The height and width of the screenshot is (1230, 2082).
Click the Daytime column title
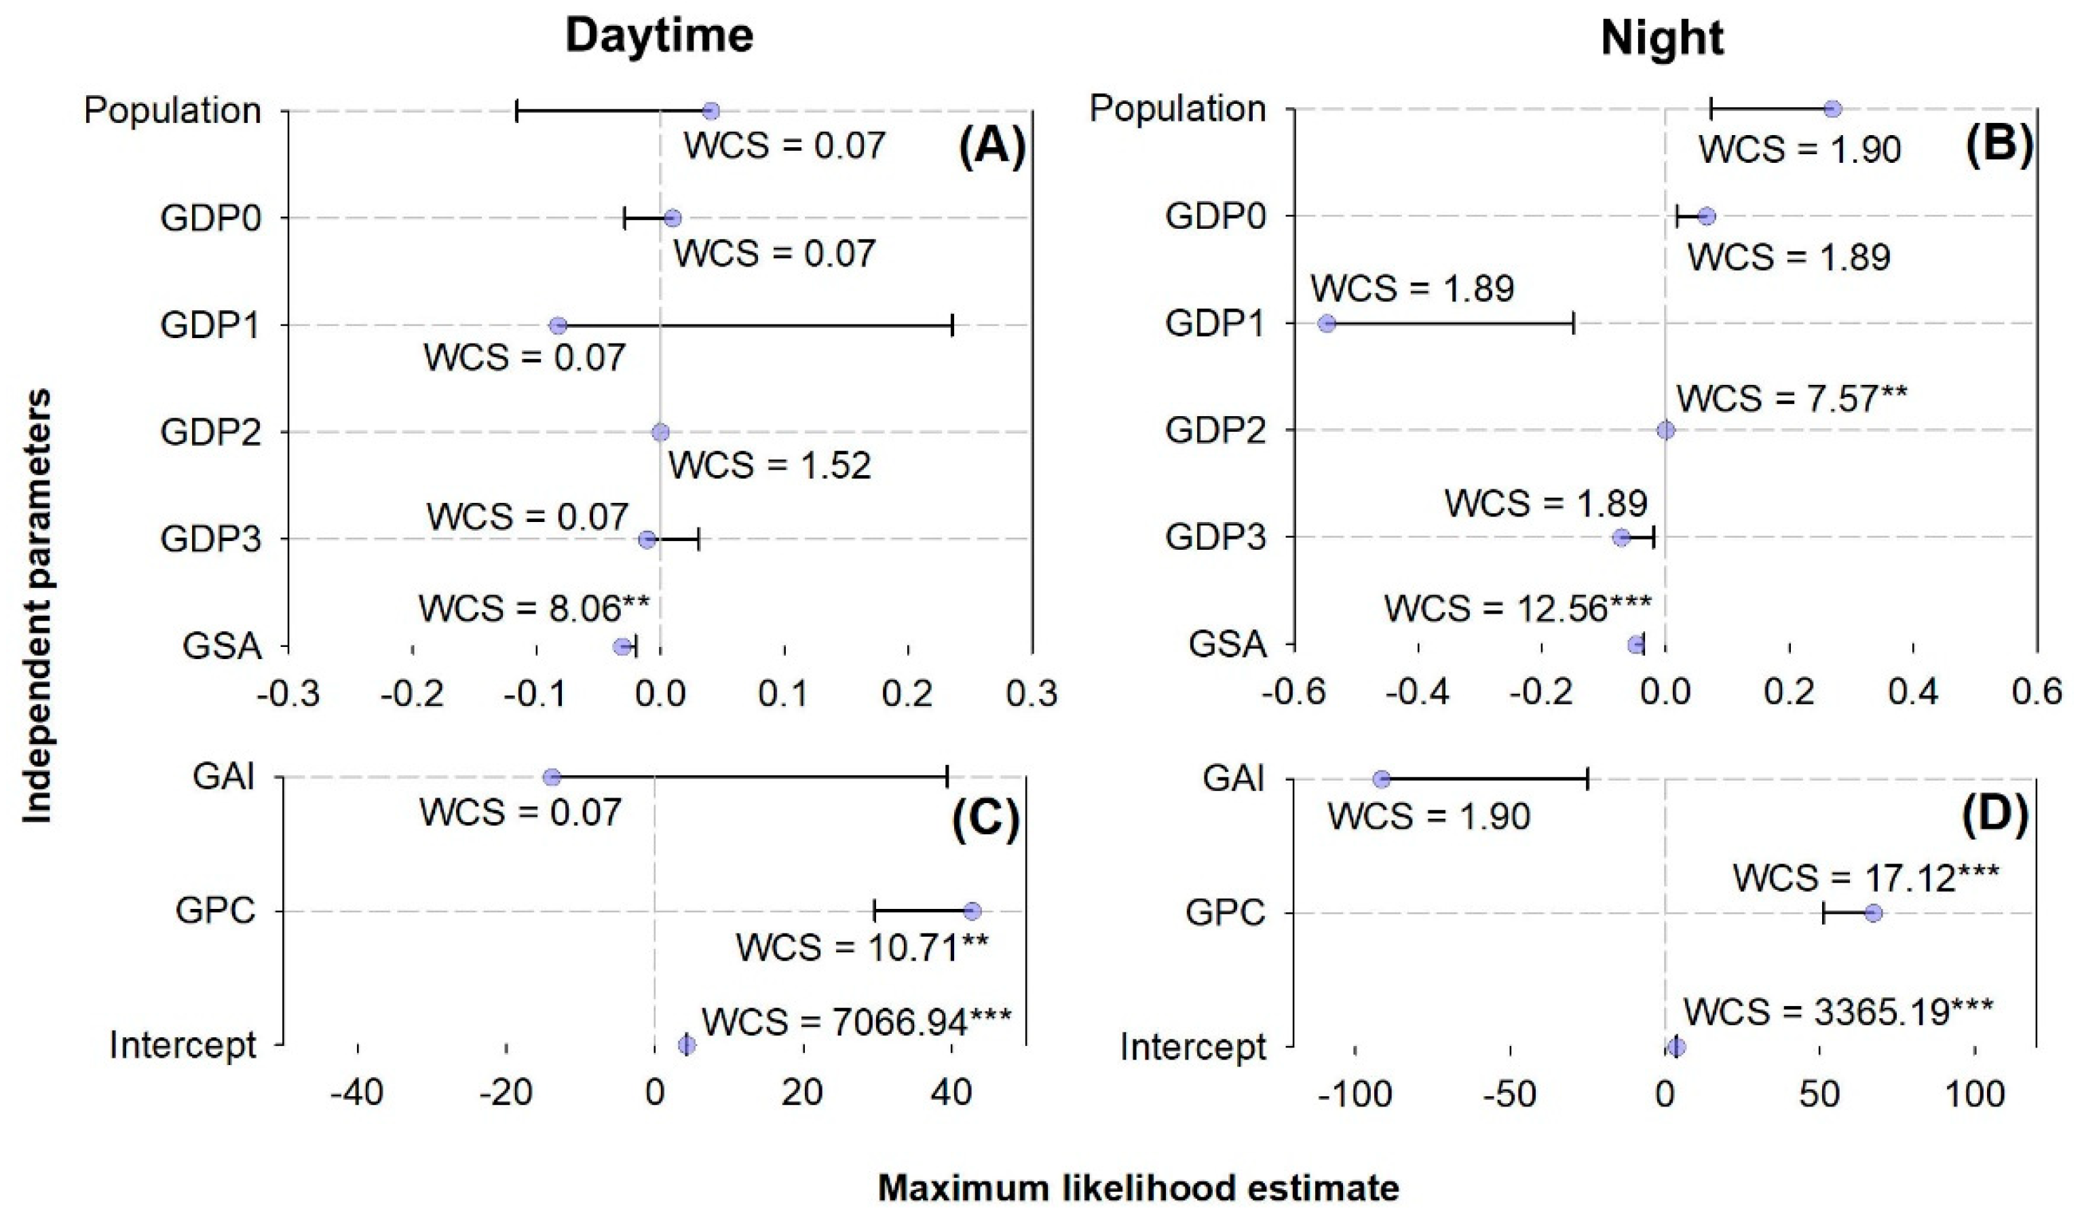tap(660, 37)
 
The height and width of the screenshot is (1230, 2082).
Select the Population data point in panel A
tap(710, 111)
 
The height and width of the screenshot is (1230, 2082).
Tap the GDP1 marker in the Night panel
tap(1327, 323)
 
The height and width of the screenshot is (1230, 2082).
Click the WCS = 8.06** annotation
tap(533, 609)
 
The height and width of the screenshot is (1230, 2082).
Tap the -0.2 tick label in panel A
tap(412, 693)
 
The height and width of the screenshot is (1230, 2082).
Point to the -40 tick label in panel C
tap(357, 1094)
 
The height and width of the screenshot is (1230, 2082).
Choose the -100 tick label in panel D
tap(1354, 1095)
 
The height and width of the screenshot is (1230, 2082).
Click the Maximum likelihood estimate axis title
tap(1138, 1188)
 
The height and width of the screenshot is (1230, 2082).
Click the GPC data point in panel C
tap(972, 912)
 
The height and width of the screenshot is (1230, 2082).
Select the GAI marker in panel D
tap(1381, 779)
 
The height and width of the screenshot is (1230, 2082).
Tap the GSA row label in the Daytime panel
tap(222, 646)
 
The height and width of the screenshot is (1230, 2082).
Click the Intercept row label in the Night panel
tap(1193, 1047)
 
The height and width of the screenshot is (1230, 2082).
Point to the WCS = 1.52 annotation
tap(770, 466)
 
